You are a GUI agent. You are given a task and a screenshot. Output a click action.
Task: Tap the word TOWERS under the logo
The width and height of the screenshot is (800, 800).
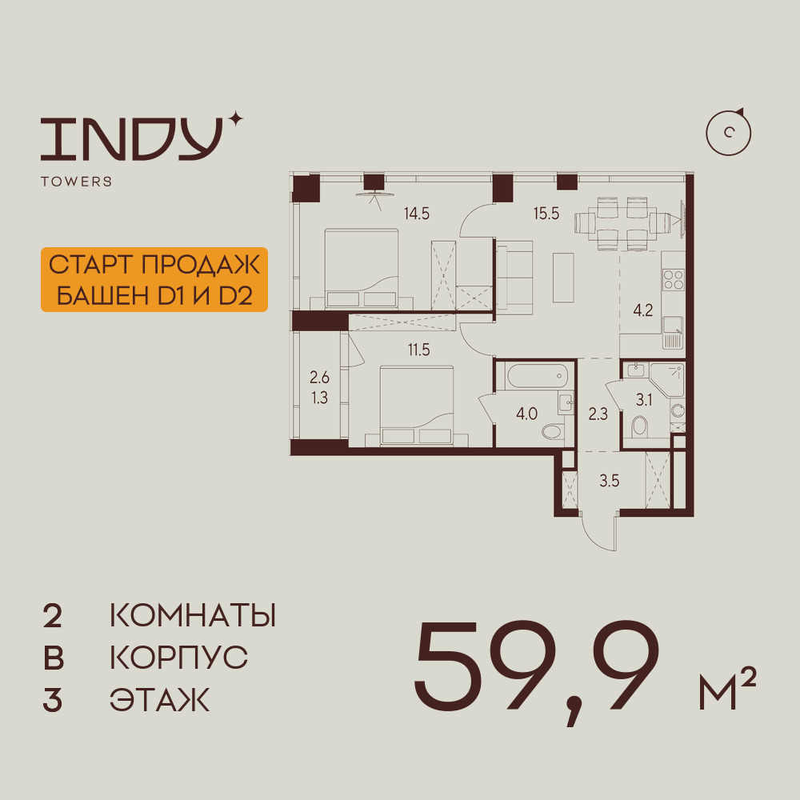(x=76, y=182)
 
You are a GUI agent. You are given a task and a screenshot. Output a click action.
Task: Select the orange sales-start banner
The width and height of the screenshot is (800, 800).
(x=154, y=279)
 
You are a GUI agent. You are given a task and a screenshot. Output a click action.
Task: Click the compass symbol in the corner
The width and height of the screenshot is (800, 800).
(x=729, y=132)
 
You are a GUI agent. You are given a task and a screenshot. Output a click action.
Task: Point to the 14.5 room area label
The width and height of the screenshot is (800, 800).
(x=417, y=214)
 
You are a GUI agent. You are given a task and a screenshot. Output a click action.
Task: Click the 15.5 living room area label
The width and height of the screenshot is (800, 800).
(x=547, y=214)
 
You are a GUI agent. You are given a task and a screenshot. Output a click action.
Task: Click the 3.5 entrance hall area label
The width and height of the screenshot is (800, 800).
(x=610, y=482)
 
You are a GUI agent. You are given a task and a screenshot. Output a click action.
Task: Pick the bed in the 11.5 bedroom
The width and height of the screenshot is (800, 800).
(x=417, y=406)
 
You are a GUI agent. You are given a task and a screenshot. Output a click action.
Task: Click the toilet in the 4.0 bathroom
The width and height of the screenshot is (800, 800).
(x=553, y=431)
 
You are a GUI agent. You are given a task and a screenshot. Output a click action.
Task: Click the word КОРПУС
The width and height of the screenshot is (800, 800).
(x=178, y=658)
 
